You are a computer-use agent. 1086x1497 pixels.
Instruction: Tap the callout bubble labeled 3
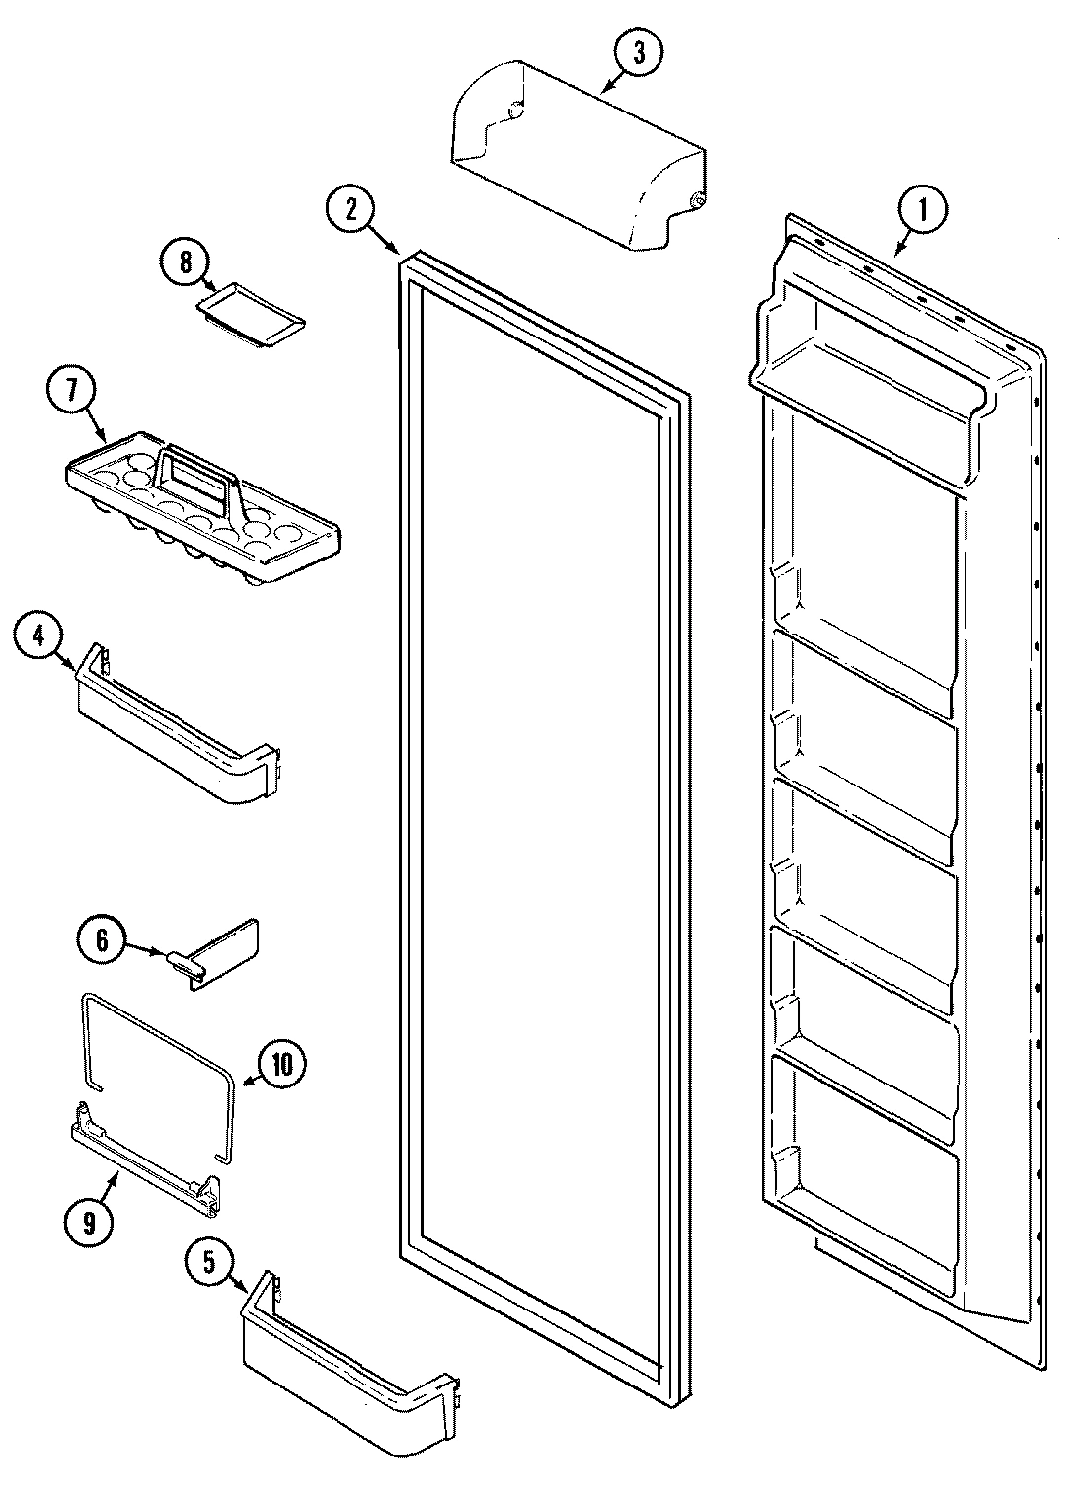point(638,55)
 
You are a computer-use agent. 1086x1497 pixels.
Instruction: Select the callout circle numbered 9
point(89,1223)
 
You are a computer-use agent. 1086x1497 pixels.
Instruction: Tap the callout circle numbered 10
point(281,1064)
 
